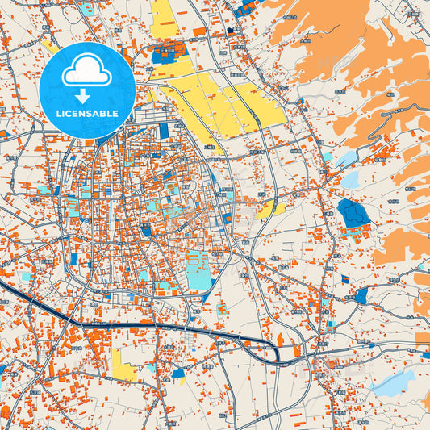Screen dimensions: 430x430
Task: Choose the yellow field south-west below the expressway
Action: (126, 367)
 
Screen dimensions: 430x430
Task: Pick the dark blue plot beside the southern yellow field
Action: (178, 374)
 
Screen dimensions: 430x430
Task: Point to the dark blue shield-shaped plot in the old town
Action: (146, 230)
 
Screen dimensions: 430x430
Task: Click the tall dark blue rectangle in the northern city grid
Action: (164, 130)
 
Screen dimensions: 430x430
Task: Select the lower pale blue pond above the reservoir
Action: (350, 179)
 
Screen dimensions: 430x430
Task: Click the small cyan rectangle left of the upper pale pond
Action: (327, 155)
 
